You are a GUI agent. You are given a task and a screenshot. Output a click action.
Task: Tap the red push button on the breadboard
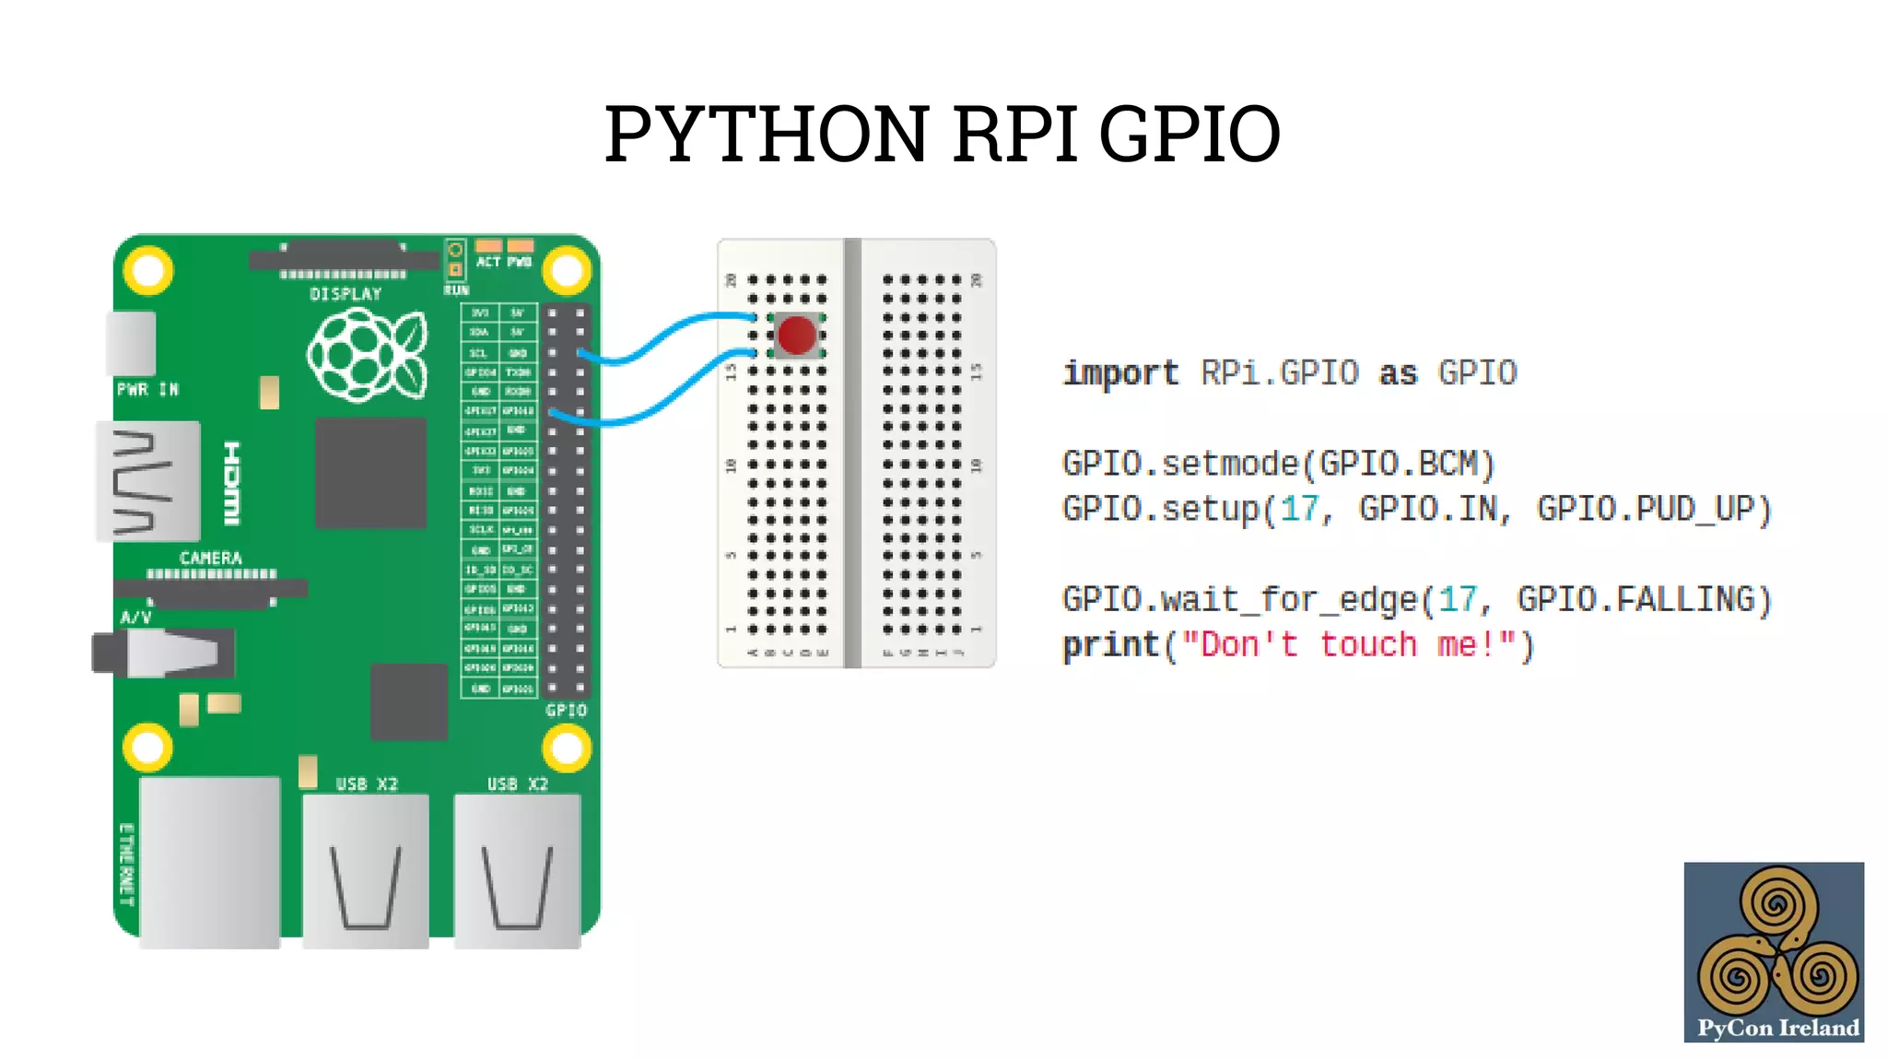[795, 335]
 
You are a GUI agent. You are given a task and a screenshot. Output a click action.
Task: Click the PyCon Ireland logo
[1774, 952]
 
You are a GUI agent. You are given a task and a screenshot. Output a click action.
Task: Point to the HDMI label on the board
[232, 484]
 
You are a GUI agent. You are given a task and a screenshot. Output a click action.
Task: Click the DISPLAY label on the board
[346, 294]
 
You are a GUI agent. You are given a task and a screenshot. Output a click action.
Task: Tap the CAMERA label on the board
[211, 559]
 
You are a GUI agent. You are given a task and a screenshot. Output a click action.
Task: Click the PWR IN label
[147, 390]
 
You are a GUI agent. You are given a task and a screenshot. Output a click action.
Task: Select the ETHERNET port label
[127, 864]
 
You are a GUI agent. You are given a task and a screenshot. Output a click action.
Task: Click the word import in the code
[1120, 373]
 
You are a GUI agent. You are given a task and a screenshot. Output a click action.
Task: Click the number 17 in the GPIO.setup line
[1299, 509]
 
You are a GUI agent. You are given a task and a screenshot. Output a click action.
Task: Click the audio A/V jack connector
[166, 653]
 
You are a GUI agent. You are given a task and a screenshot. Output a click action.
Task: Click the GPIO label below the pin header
[566, 711]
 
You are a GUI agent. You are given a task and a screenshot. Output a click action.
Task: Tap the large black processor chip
[370, 473]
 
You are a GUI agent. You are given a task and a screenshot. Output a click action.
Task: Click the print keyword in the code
[1110, 645]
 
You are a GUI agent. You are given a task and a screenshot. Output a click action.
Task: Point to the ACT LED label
[487, 262]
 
